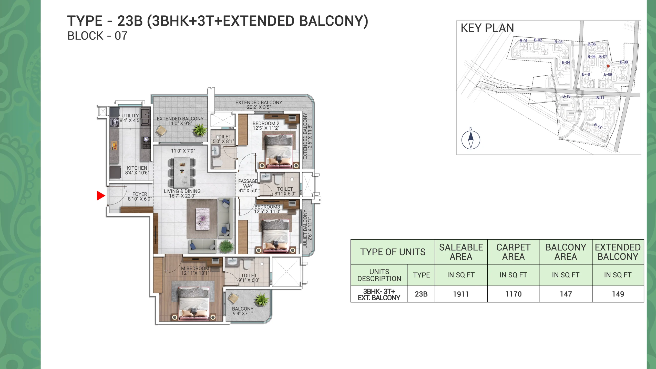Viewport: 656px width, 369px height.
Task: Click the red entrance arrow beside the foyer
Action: (x=101, y=196)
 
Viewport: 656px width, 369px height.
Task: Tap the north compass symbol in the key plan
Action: (x=471, y=140)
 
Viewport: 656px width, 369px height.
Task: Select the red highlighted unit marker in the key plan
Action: (x=608, y=66)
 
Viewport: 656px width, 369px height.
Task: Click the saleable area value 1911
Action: (x=461, y=294)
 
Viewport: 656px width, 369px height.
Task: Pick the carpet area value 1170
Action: (x=514, y=294)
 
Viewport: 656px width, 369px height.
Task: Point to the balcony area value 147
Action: (x=566, y=294)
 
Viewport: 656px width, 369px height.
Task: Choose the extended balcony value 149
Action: (x=618, y=294)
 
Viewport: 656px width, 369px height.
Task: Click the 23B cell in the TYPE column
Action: (x=421, y=294)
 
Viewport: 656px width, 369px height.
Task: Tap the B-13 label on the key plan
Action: (x=566, y=96)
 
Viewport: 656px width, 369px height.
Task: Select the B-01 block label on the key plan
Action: (x=524, y=41)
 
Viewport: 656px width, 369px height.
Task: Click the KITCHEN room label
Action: (x=137, y=168)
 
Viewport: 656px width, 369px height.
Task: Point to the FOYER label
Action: (x=140, y=194)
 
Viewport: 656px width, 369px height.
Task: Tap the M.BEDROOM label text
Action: (x=195, y=268)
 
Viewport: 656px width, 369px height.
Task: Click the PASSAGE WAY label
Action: (x=248, y=183)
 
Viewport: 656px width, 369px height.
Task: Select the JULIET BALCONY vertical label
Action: (x=305, y=228)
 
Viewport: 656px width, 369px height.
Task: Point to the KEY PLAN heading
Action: (x=487, y=28)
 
